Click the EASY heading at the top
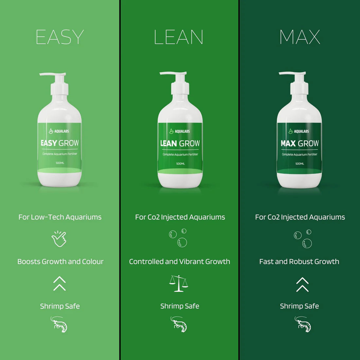(x=60, y=37)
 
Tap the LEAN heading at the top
(x=179, y=37)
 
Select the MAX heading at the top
(x=300, y=37)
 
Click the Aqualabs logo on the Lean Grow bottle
(x=180, y=131)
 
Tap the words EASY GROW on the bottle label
(x=60, y=143)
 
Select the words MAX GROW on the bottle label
(x=299, y=143)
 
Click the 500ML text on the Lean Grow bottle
(x=180, y=164)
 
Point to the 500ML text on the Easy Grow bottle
(x=60, y=163)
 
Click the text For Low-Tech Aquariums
(x=60, y=217)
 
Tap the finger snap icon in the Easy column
(x=59, y=239)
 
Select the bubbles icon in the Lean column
(x=178, y=238)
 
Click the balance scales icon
(x=179, y=283)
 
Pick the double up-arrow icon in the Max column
(x=302, y=284)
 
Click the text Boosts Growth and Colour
(x=60, y=261)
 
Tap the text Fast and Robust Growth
(x=299, y=261)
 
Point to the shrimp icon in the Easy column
(x=59, y=324)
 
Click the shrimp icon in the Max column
(x=303, y=324)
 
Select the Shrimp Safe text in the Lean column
(x=180, y=306)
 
